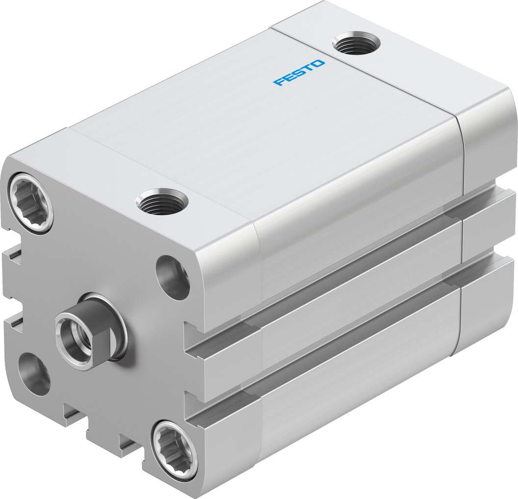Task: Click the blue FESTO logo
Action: tap(299, 73)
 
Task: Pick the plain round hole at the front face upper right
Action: tap(173, 277)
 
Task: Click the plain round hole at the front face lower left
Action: tap(34, 373)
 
